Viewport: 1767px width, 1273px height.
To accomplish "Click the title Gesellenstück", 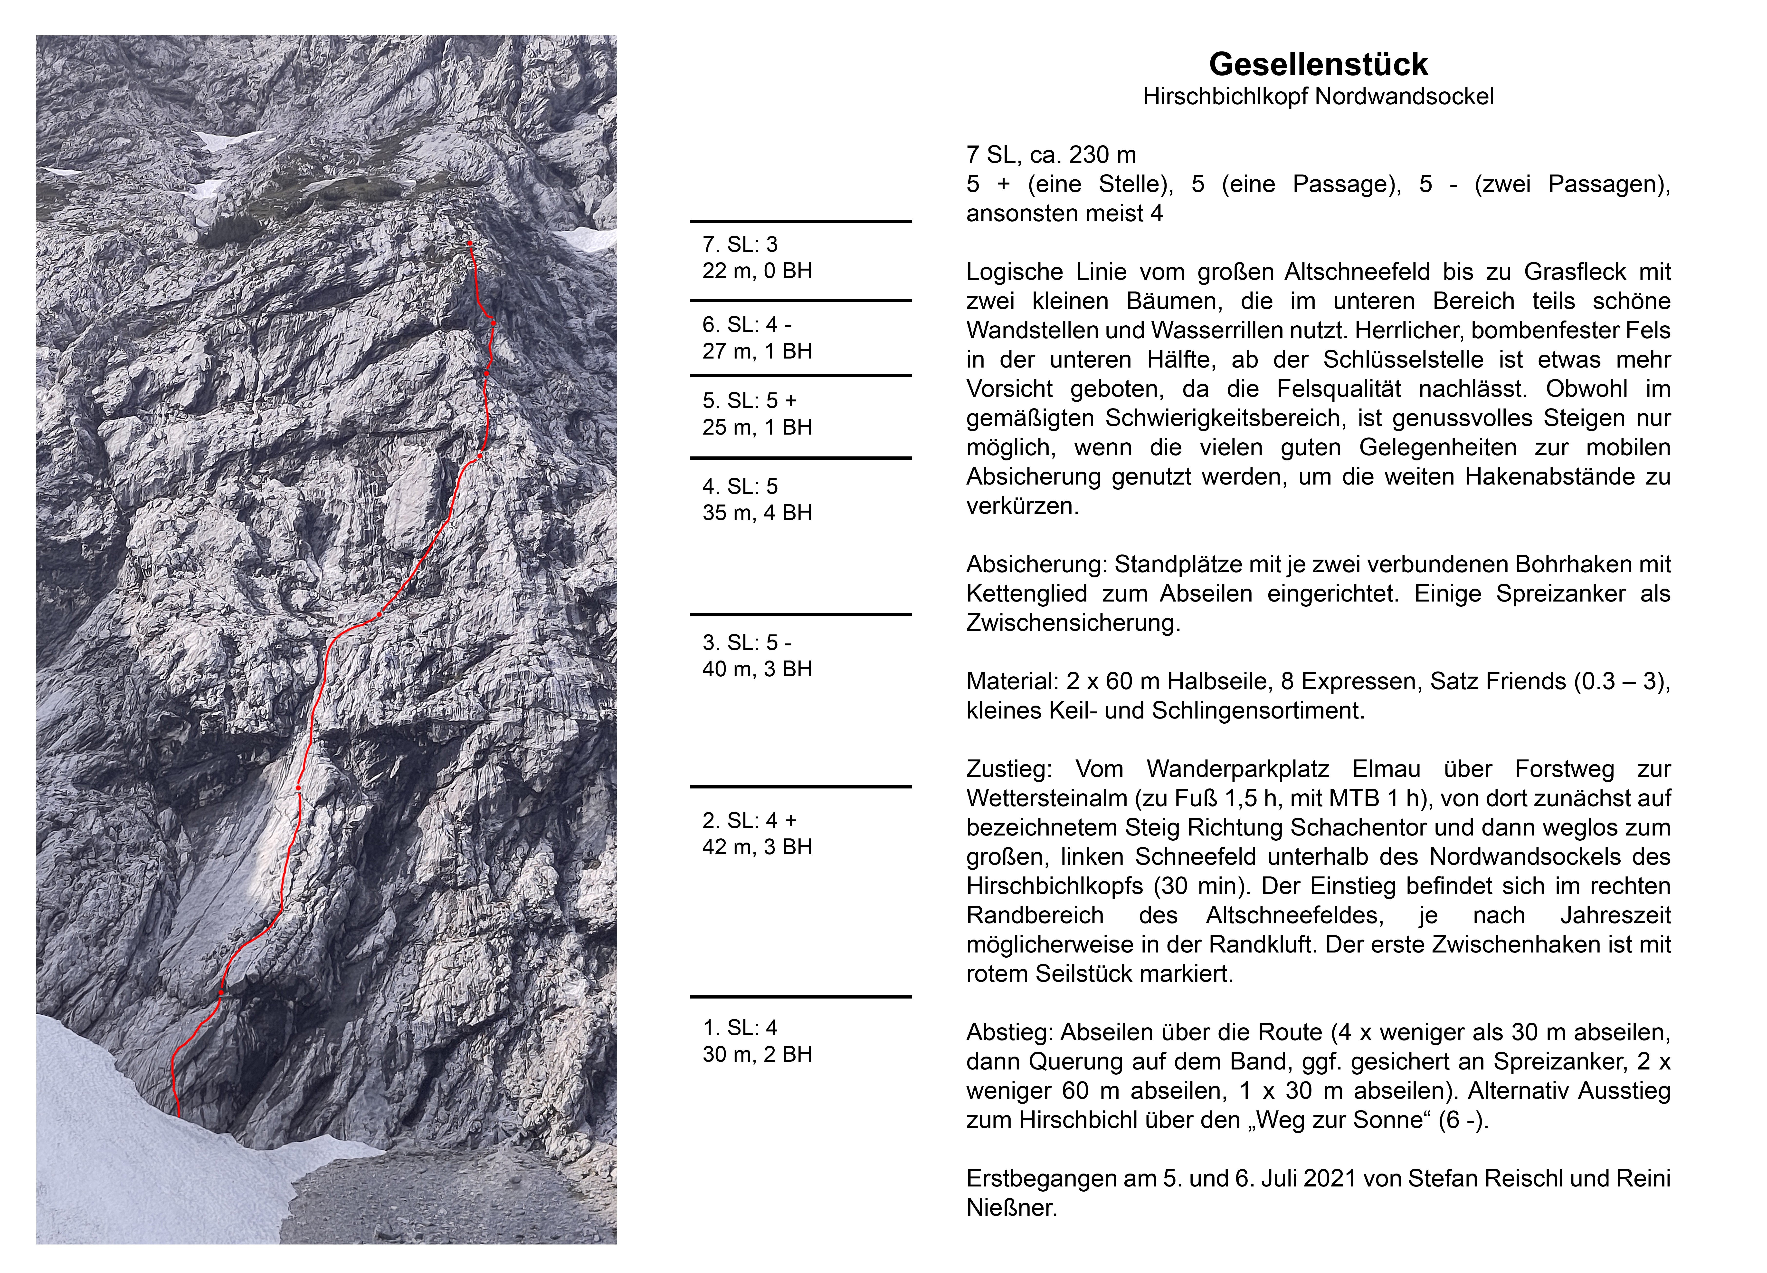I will click(x=1318, y=64).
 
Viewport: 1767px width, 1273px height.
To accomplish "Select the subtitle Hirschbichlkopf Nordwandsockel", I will click(x=1318, y=97).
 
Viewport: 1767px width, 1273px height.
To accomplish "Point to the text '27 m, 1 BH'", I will click(x=757, y=351).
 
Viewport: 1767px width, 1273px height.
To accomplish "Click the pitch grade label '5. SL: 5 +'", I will click(x=750, y=401).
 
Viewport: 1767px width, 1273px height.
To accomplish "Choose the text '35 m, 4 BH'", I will click(x=757, y=513).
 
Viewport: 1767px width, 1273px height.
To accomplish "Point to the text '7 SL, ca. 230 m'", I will click(x=1051, y=155).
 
